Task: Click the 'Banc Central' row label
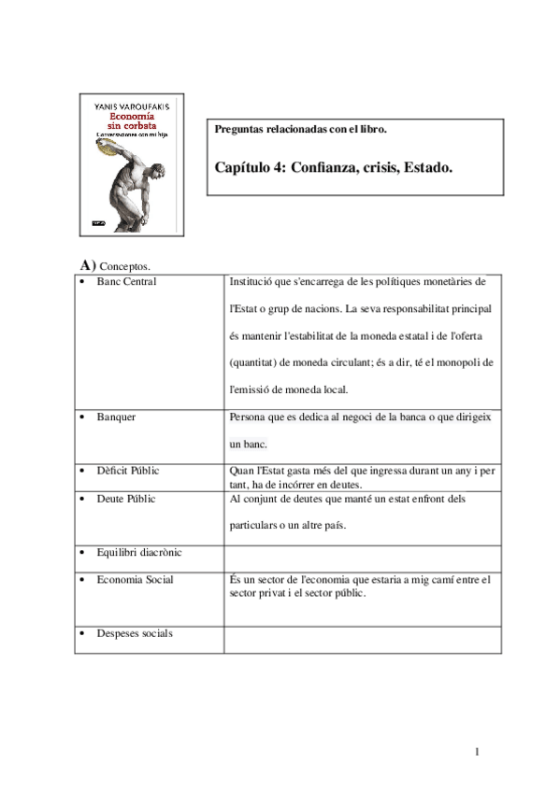click(126, 281)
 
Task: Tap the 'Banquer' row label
click(116, 416)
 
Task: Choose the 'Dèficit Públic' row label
click(127, 470)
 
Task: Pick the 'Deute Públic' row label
click(126, 499)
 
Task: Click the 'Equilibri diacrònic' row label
click(139, 552)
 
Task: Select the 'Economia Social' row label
click(135, 579)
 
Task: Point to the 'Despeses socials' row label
click(135, 633)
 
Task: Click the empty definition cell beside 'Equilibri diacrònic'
click(360, 557)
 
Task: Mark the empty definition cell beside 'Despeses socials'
click(360, 639)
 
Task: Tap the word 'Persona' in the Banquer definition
click(248, 417)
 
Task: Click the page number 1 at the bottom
click(477, 752)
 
